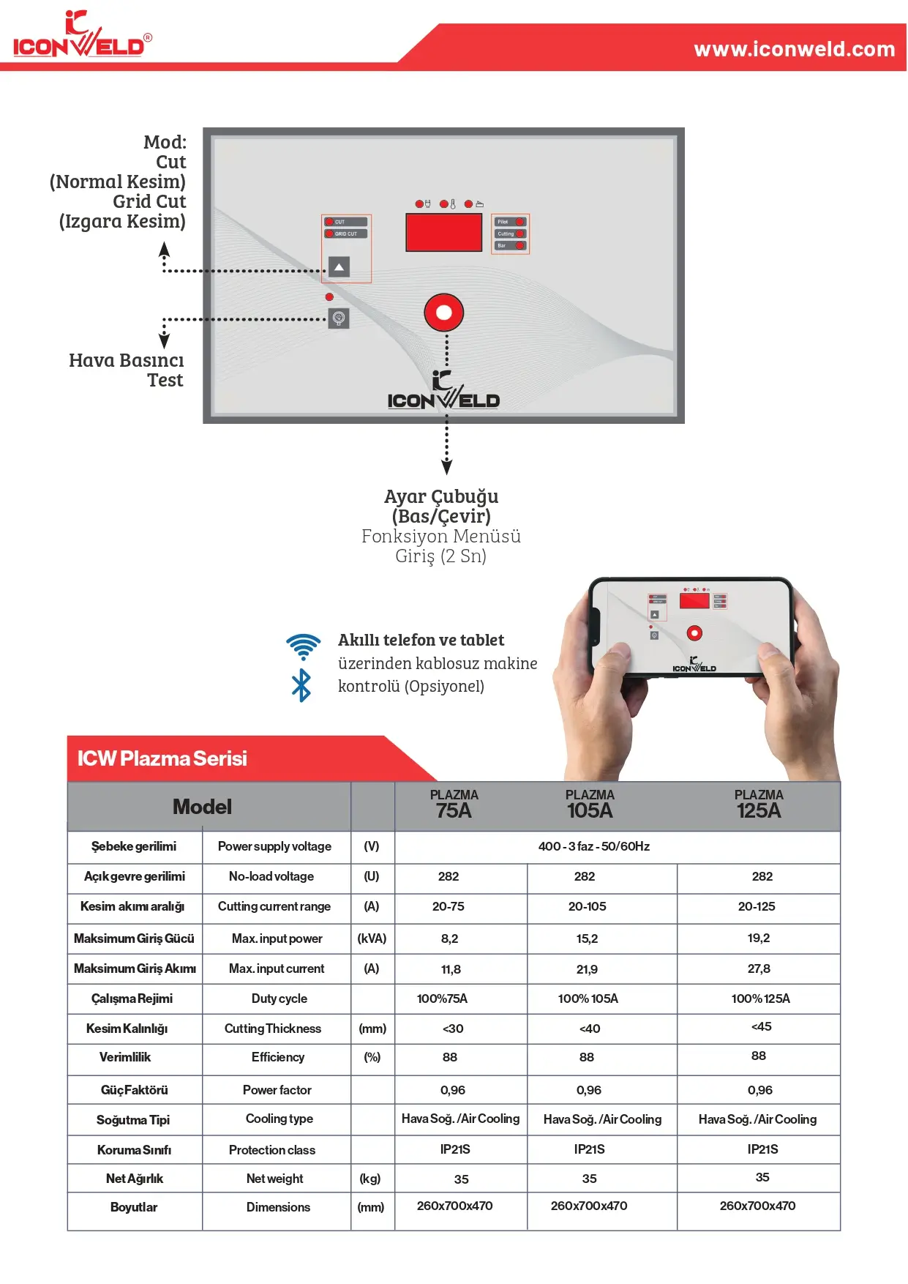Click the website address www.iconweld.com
[x=794, y=49]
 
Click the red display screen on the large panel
[x=443, y=233]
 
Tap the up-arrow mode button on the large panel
[x=339, y=267]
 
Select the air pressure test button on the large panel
[x=339, y=318]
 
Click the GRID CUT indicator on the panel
[x=346, y=234]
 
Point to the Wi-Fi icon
[x=304, y=646]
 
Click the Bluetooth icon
[x=301, y=686]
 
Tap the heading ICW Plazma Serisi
[x=162, y=758]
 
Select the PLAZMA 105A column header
[x=590, y=805]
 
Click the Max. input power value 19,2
[x=758, y=938]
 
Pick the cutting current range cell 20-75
[x=448, y=906]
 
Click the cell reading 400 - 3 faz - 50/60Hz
[x=593, y=846]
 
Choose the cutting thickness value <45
[x=761, y=1026]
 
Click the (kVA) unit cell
[x=372, y=938]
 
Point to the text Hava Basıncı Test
[x=127, y=370]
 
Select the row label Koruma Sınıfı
[x=134, y=1150]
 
